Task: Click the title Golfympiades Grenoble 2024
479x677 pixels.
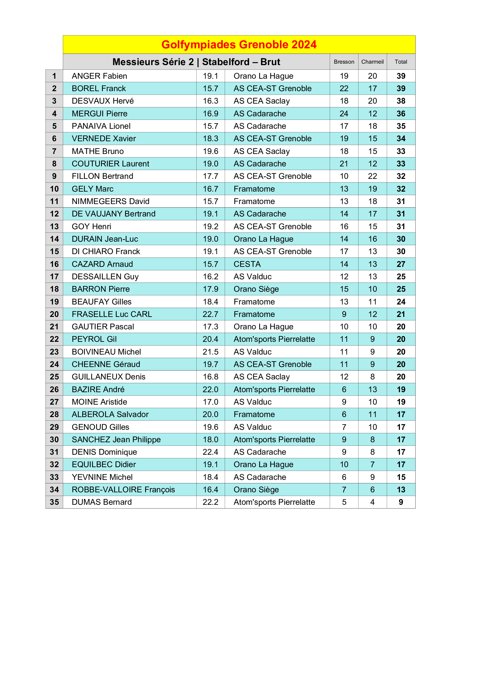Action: tap(239, 45)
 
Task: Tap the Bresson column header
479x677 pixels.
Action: tap(344, 62)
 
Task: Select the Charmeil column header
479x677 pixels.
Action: tap(372, 62)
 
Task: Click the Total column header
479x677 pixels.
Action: tap(401, 62)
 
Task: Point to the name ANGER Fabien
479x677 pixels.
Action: tap(99, 76)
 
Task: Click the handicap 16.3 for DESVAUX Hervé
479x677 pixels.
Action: tap(210, 101)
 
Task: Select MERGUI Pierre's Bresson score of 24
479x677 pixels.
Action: tap(344, 114)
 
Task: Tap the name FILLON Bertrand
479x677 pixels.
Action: tap(102, 176)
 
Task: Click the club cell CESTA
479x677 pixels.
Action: tap(247, 264)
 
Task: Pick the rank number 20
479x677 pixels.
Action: tap(54, 314)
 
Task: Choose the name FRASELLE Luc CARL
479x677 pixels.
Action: tap(112, 314)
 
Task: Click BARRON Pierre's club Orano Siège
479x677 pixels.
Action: tap(256, 289)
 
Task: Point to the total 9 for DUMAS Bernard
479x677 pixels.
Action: tap(401, 502)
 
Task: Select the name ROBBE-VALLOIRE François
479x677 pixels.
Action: tap(123, 490)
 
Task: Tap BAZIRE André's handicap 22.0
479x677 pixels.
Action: tap(210, 390)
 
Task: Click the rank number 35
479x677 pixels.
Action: tap(54, 502)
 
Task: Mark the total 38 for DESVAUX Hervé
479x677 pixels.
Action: tap(401, 101)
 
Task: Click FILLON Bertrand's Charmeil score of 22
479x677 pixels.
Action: tap(372, 176)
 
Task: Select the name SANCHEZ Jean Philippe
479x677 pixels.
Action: tap(116, 440)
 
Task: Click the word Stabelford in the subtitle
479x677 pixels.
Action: tap(226, 62)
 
